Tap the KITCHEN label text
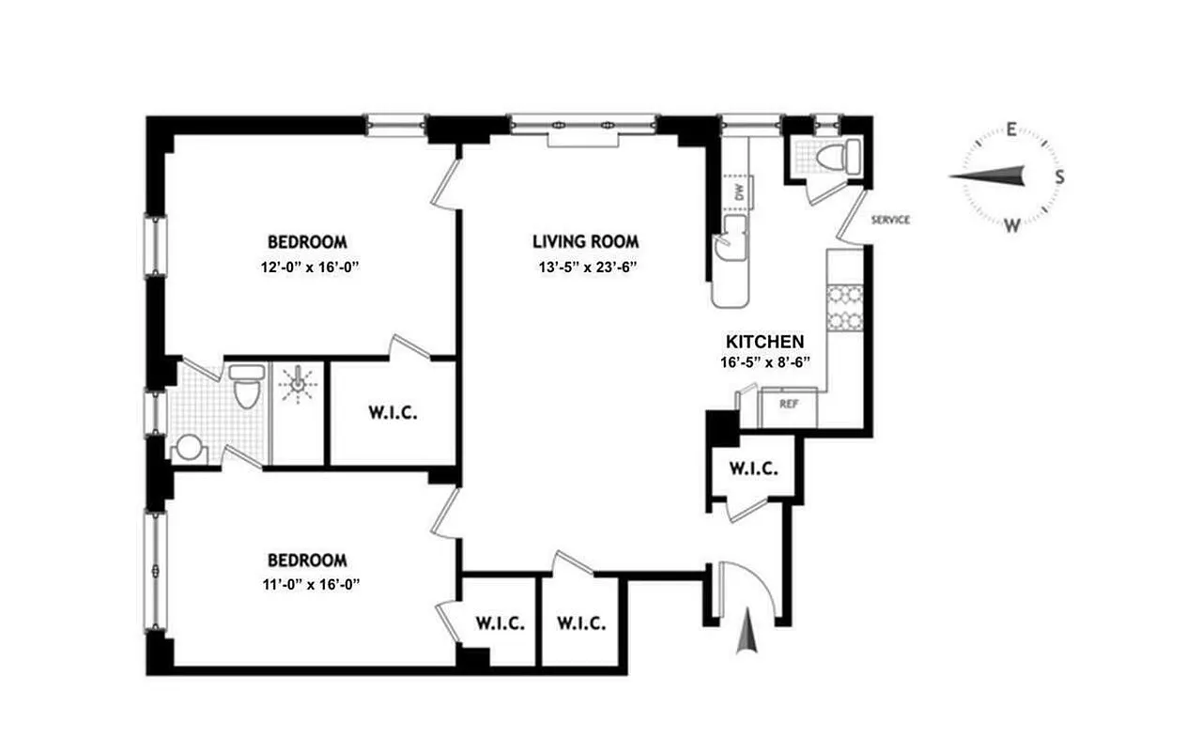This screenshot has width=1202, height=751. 764,342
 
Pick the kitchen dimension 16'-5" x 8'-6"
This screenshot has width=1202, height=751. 764,361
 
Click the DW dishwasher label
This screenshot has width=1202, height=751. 739,192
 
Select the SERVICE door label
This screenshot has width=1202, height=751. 890,221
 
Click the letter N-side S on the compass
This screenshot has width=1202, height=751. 1059,176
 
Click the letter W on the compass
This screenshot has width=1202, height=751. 1011,224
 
